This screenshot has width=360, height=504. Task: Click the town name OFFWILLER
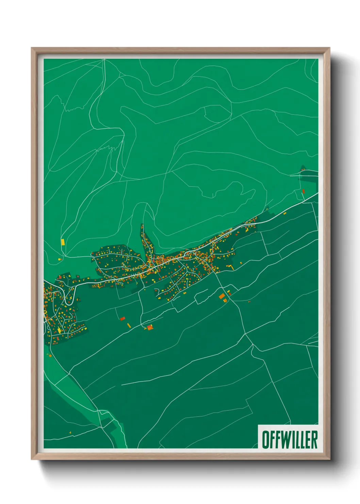click(x=289, y=439)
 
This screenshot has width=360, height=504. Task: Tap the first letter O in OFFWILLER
click(x=265, y=439)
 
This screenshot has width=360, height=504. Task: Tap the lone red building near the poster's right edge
click(x=303, y=191)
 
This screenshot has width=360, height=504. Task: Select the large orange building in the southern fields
click(x=222, y=296)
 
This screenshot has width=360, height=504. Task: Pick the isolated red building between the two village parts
click(x=122, y=319)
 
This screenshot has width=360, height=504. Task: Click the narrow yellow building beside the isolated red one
click(x=129, y=325)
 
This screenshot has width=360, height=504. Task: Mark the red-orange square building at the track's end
click(x=149, y=327)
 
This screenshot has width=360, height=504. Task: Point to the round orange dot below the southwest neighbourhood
click(x=50, y=356)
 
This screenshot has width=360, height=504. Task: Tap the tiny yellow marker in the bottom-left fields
click(x=70, y=432)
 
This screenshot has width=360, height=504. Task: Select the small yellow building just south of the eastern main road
click(x=285, y=214)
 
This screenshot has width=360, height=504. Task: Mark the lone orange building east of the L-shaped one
click(x=241, y=263)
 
